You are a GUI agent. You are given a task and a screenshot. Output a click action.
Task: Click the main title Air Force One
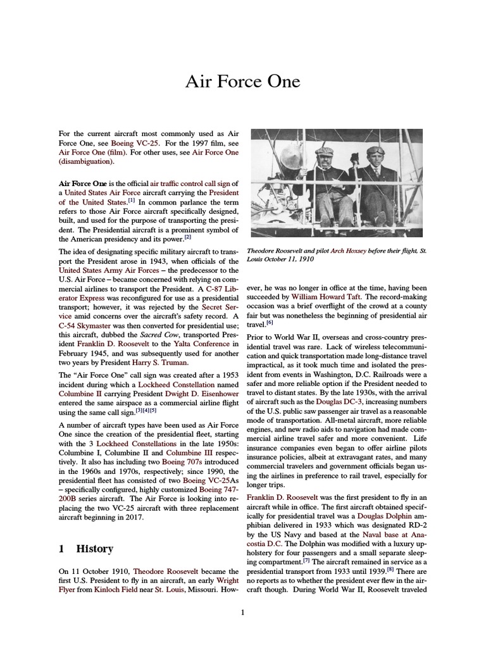point(242,82)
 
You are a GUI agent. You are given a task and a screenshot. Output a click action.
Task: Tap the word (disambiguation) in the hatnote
point(85,161)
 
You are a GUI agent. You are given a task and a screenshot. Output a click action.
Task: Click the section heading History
point(94,549)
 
